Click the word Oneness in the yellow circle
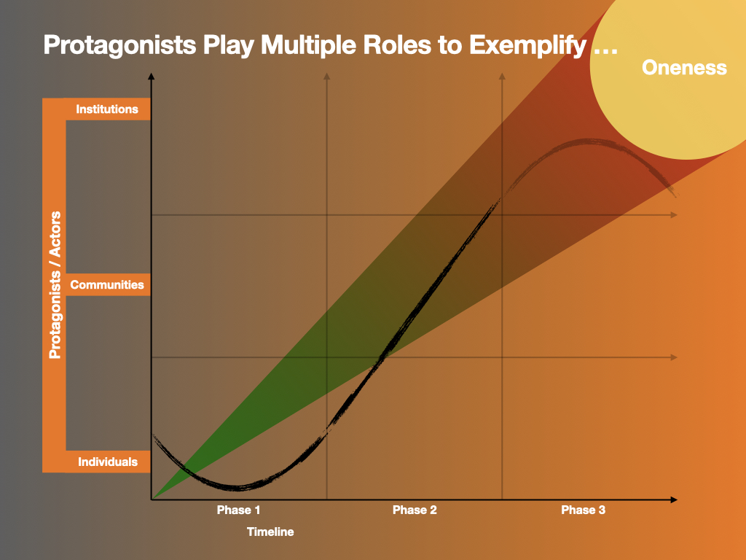pos(684,68)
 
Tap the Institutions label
pos(107,109)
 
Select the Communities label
pos(107,285)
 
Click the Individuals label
pos(108,462)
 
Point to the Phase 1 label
pos(238,510)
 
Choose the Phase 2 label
pos(415,510)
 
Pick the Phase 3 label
pos(584,510)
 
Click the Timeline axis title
pos(270,532)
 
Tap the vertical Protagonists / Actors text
pos(55,285)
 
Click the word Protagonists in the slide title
pos(119,46)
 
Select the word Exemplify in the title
pos(527,46)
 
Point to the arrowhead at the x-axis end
pos(674,499)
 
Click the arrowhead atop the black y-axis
pos(152,76)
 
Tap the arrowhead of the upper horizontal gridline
pos(674,215)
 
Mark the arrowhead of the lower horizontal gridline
pos(674,357)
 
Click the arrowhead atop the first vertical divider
pos(327,76)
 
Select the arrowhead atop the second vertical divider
pos(502,76)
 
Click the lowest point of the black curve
pos(238,488)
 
